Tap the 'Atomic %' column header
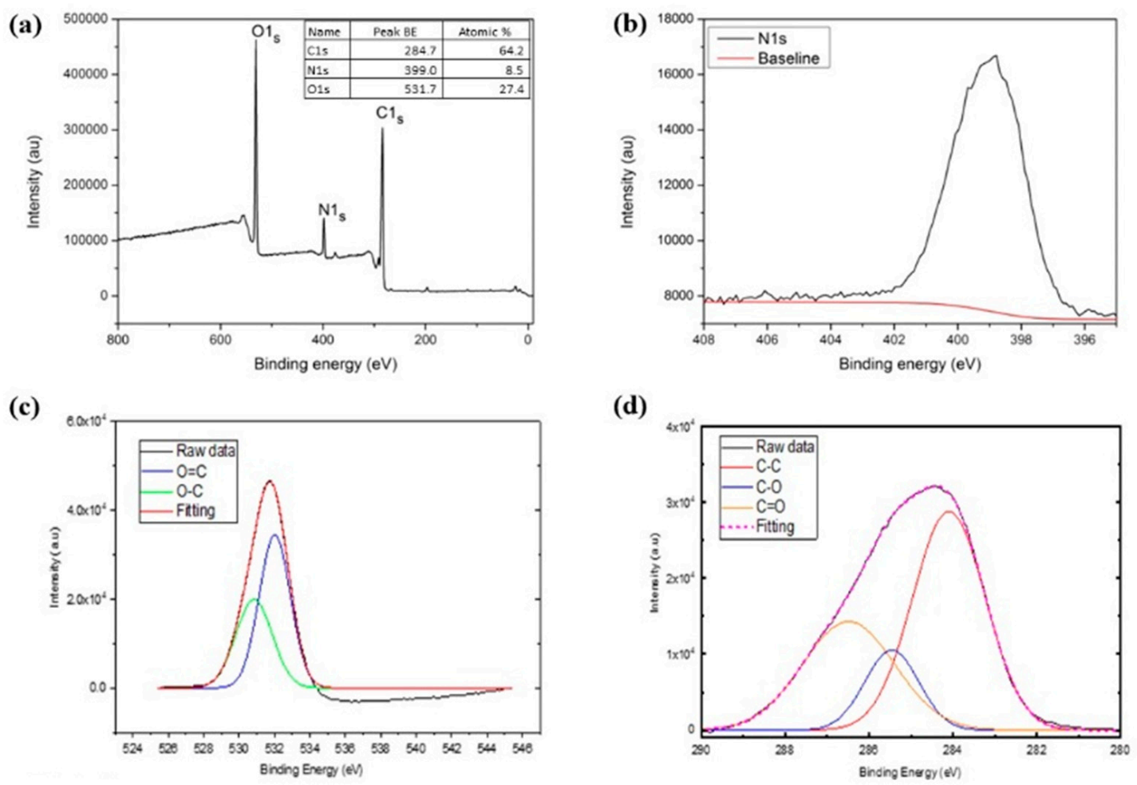pyautogui.click(x=484, y=32)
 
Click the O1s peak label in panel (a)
pyautogui.click(x=266, y=33)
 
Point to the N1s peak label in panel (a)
pyautogui.click(x=332, y=211)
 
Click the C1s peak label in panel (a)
pyautogui.click(x=389, y=115)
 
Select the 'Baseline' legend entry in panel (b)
pyautogui.click(x=788, y=58)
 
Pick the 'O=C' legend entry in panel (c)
pyautogui.click(x=191, y=471)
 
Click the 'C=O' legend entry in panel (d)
pyautogui.click(x=770, y=507)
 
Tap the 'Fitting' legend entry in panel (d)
pyautogui.click(x=775, y=527)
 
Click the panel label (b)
pyautogui.click(x=630, y=24)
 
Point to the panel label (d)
pyautogui.click(x=630, y=406)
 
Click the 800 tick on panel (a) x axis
pyautogui.click(x=117, y=339)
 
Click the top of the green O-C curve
pyautogui.click(x=255, y=599)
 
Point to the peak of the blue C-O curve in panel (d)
pyautogui.click(x=892, y=650)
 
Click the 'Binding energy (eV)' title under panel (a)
pyautogui.click(x=325, y=364)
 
